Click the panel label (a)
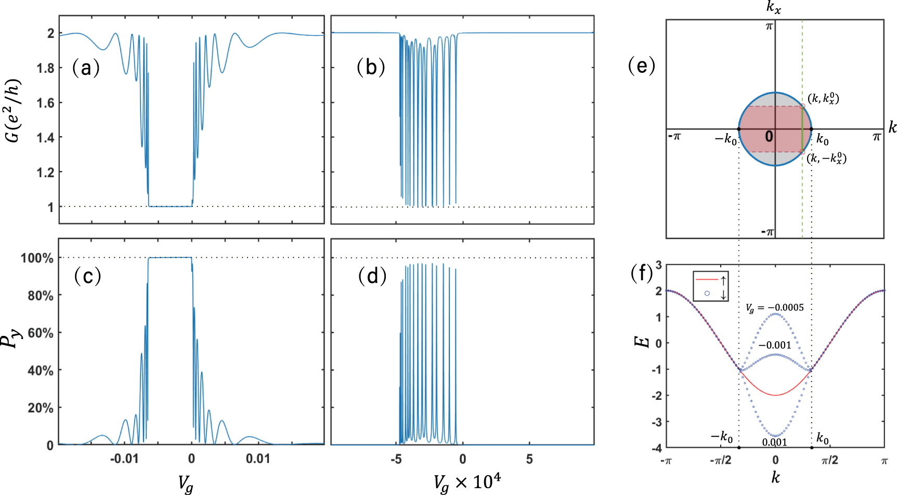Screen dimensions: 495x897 click(86, 68)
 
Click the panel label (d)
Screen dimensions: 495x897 click(372, 276)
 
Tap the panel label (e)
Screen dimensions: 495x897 click(642, 66)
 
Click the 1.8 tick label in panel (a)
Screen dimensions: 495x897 click(45, 68)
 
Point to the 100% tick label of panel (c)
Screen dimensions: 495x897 click(37, 258)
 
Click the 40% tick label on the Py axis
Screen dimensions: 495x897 click(41, 371)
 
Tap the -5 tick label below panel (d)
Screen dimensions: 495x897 click(396, 459)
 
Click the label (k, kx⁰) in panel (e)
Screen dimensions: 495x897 click(823, 99)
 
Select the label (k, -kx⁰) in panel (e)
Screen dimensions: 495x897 click(826, 159)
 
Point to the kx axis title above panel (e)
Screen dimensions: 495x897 click(773, 7)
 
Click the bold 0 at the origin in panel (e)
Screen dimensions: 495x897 click(769, 137)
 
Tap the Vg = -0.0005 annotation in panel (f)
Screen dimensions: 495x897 click(774, 308)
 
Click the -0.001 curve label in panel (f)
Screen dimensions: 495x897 click(774, 345)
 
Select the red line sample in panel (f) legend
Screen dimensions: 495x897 click(707, 279)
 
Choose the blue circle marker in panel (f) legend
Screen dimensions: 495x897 click(707, 294)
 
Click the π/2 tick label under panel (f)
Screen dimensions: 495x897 click(829, 460)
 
